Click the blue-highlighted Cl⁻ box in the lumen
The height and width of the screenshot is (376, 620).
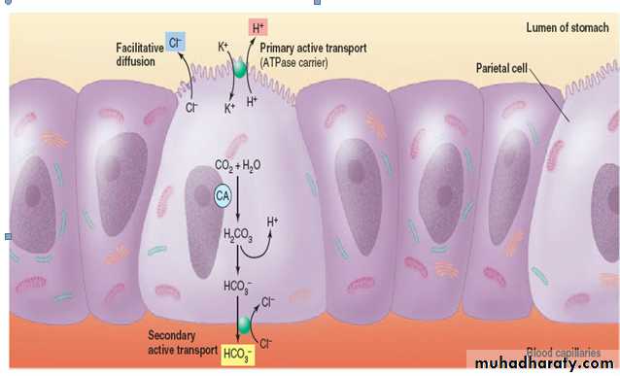(x=175, y=43)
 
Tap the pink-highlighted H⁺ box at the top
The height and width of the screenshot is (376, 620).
(x=258, y=27)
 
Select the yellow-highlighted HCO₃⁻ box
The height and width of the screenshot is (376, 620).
(x=237, y=355)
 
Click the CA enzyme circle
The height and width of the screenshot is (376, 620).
(x=223, y=195)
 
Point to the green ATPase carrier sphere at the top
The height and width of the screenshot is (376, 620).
(x=239, y=69)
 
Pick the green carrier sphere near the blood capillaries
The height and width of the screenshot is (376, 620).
(x=244, y=325)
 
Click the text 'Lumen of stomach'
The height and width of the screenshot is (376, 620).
(x=567, y=27)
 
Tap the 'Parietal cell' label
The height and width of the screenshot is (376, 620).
(x=501, y=68)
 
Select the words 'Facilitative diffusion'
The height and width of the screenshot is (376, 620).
(x=140, y=54)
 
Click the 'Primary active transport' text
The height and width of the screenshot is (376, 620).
(x=313, y=49)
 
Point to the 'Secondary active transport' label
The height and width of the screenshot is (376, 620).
(x=183, y=342)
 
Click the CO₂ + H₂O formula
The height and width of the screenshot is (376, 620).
(x=237, y=165)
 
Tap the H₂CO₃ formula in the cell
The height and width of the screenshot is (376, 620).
(x=238, y=235)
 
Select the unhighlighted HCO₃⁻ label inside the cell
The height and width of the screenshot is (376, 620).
(x=237, y=287)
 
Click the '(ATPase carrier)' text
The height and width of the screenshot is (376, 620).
(x=293, y=62)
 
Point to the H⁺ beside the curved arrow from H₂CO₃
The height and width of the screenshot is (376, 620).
(x=272, y=222)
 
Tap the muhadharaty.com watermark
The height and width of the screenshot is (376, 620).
(x=544, y=362)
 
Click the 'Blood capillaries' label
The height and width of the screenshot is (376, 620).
(x=563, y=352)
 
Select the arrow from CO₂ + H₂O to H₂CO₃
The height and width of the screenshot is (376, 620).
(x=238, y=198)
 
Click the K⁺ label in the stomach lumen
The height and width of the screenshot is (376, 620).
(x=224, y=47)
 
